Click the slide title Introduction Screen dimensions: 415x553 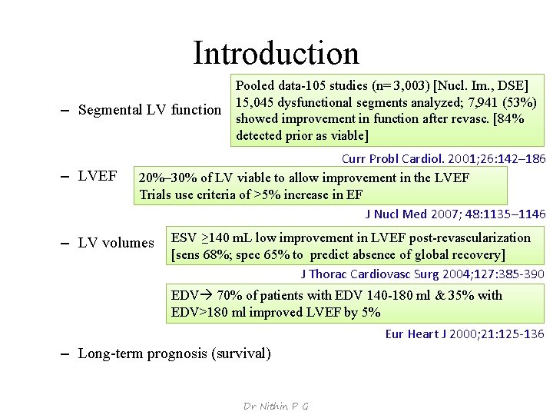click(x=276, y=53)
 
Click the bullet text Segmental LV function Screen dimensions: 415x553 click(x=150, y=110)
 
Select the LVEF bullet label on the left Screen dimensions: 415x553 click(x=98, y=177)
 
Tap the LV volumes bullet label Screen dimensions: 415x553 click(x=116, y=243)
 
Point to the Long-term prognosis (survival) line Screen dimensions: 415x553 click(x=174, y=354)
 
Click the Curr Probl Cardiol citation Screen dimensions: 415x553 click(x=443, y=159)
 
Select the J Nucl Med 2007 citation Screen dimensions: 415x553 click(x=455, y=214)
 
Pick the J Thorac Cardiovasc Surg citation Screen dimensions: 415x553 click(x=422, y=274)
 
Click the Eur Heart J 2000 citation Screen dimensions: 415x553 click(x=465, y=334)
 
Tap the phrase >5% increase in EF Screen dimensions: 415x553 click(x=306, y=194)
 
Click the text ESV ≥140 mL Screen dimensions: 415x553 click(x=213, y=238)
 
